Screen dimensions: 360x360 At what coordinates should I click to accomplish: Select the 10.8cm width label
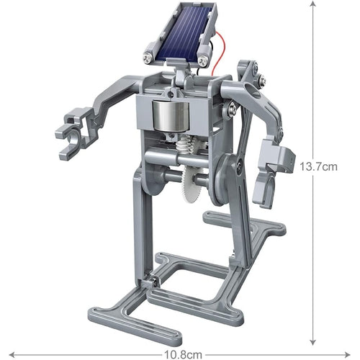tap(179, 353)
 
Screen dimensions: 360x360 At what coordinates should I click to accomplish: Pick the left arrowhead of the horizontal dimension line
tap(9, 352)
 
